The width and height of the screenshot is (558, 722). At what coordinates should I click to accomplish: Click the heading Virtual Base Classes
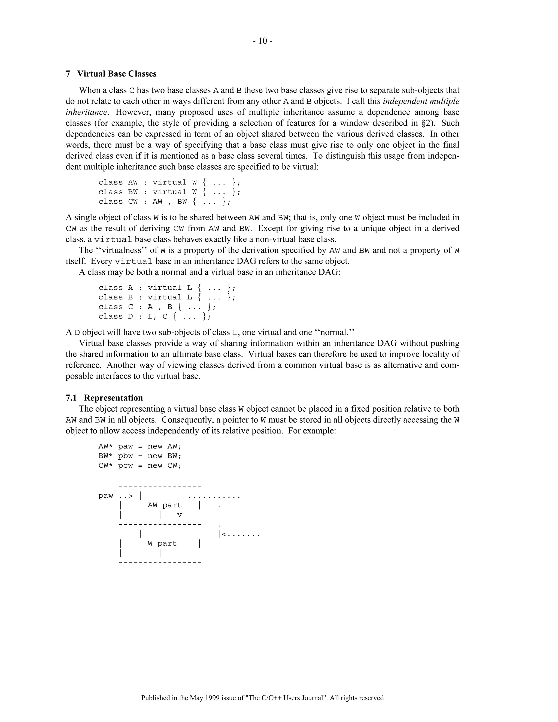point(116,74)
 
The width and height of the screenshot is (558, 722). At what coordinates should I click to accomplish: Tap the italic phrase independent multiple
point(421,101)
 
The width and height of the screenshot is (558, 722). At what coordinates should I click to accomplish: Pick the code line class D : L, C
point(154,316)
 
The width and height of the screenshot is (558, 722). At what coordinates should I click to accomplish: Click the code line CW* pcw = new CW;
point(140,465)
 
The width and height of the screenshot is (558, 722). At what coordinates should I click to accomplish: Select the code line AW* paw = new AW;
point(140,446)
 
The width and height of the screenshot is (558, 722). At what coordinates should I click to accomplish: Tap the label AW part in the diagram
point(164,505)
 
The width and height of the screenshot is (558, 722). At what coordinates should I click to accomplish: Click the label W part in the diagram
point(162,544)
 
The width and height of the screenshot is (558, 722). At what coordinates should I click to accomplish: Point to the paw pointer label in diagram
point(105,496)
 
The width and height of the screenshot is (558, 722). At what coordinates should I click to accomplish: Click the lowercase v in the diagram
point(180,515)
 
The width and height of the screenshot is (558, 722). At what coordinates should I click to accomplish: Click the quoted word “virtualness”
point(121,250)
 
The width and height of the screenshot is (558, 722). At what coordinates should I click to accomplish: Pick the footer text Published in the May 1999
point(262,698)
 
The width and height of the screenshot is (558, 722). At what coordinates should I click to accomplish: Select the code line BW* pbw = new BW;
point(140,456)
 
